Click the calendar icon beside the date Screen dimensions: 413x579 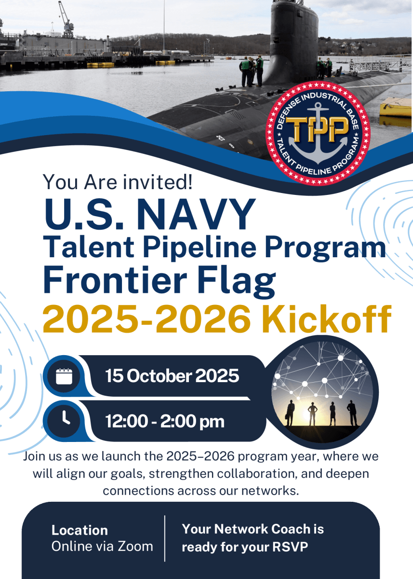click(64, 377)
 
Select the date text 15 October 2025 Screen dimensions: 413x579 click(172, 376)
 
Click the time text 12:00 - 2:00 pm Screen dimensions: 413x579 click(165, 422)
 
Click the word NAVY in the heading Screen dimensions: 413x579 click(196, 214)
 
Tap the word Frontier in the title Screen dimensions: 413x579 click(115, 280)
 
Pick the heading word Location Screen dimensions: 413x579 click(80, 530)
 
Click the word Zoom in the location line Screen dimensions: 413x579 click(135, 546)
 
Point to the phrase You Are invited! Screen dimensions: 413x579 click(118, 182)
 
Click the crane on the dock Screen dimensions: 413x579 click(67, 19)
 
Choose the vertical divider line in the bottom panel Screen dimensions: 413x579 click(165, 538)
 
